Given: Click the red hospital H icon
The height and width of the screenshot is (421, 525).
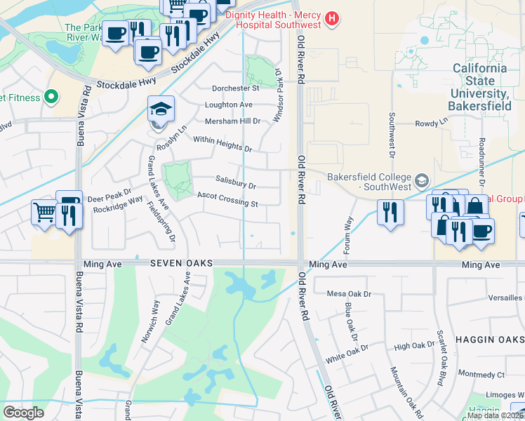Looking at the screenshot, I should [x=333, y=17].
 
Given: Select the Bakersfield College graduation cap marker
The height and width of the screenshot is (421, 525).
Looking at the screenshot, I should [x=421, y=180].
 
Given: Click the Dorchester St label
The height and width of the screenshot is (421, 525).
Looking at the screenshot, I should [x=237, y=88].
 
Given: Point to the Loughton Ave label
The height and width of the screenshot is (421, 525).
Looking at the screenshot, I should [x=229, y=105].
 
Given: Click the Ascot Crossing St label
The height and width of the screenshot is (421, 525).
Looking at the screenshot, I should [x=227, y=200].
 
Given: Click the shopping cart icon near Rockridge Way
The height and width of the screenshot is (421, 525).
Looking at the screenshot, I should [x=44, y=210].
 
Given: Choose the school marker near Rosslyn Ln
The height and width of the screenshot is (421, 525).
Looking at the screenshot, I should [x=161, y=109].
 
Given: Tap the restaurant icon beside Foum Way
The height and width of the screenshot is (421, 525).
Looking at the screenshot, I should [x=390, y=212].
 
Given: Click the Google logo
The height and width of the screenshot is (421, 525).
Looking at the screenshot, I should [x=24, y=413].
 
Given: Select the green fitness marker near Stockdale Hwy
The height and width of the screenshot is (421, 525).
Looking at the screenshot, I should [x=50, y=97].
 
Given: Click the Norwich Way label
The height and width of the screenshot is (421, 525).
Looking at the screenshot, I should [x=149, y=321].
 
